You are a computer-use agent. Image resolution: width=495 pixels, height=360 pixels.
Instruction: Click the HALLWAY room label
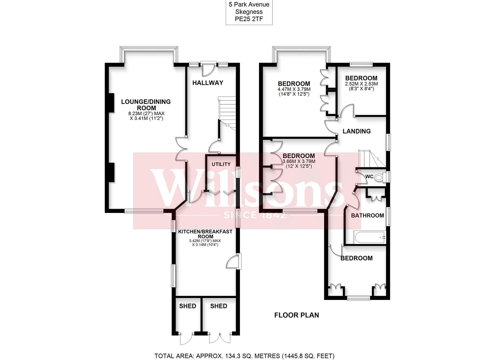tap(208, 83)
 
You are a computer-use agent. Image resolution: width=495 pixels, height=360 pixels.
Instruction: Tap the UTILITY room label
tap(221, 164)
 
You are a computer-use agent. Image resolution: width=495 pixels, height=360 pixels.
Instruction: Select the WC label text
tap(369, 176)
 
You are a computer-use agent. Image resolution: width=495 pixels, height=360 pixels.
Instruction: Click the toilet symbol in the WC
tap(379, 178)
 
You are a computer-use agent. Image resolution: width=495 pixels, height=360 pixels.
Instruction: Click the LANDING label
tap(357, 131)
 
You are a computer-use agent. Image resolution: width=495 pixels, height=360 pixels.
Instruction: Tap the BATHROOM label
tap(367, 215)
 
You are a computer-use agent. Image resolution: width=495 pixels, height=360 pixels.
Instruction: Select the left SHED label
tap(188, 306)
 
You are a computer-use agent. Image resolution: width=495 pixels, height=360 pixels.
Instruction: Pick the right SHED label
tap(219, 306)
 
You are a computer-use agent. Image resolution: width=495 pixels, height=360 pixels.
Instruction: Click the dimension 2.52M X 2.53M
tap(361, 84)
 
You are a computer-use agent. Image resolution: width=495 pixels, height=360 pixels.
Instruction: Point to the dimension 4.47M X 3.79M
tap(294, 89)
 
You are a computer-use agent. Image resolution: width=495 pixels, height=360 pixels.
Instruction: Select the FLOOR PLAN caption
tap(296, 315)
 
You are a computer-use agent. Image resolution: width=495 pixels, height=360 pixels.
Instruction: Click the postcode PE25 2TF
tap(249, 19)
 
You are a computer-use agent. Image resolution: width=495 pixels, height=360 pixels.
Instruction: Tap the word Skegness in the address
tap(249, 12)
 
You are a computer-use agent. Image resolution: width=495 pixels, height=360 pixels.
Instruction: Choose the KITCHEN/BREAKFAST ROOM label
tap(205, 234)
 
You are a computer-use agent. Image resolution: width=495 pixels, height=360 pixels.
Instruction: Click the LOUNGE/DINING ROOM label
tap(146, 105)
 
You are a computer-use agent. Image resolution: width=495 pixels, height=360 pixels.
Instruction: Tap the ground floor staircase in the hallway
tap(227, 113)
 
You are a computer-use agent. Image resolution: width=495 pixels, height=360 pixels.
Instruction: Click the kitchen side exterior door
tap(235, 261)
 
